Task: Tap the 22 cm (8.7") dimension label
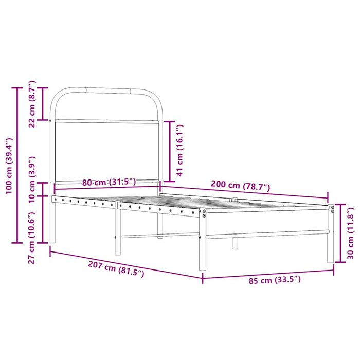click(32, 103)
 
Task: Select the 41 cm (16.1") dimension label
click(179, 150)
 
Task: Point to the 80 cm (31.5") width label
click(109, 182)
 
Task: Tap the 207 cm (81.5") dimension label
click(116, 266)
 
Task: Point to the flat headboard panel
click(107, 152)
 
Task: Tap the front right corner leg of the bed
click(203, 242)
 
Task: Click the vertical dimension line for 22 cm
click(44, 104)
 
